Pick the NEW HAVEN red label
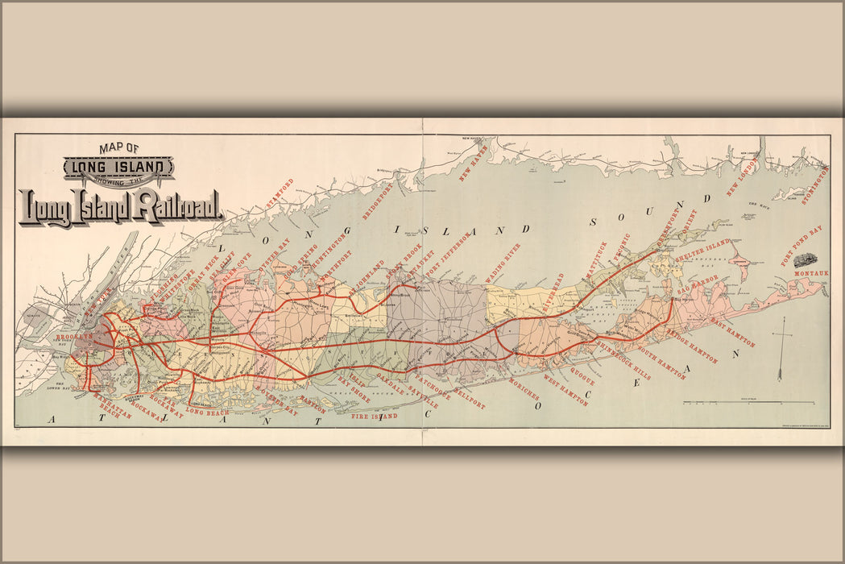pyautogui.click(x=474, y=164)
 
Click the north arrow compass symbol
pyautogui.click(x=780, y=349)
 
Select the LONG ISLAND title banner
pyautogui.click(x=118, y=168)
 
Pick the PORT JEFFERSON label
pyautogui.click(x=448, y=255)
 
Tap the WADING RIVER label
pyautogui.click(x=503, y=260)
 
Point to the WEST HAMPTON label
pyautogui.click(x=565, y=390)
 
